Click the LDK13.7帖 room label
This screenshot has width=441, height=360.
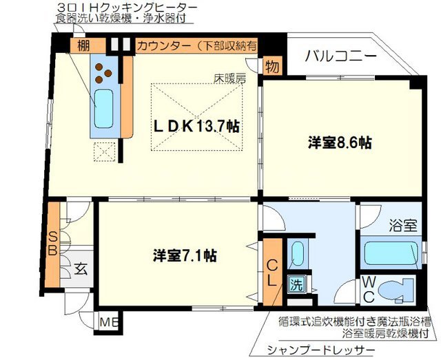[x=196, y=127]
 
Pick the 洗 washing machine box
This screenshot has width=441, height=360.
[x=296, y=282]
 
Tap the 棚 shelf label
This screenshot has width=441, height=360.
[x=83, y=46]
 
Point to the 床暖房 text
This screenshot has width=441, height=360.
[x=229, y=78]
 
